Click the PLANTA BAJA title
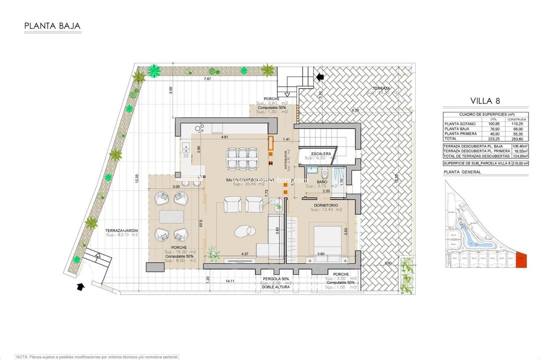52,26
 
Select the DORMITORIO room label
326,205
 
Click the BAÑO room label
322,182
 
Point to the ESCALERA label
321,153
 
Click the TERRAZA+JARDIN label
121,230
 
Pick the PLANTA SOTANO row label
458,124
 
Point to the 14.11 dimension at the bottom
229,281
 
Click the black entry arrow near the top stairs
320,76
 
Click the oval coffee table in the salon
244,230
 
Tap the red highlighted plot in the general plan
521,260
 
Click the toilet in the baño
324,173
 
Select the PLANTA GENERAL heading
462,172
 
